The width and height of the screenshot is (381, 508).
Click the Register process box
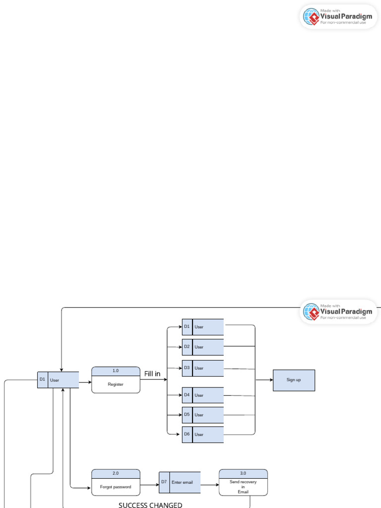116,384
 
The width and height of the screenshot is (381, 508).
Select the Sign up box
294,380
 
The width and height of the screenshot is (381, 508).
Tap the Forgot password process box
116,487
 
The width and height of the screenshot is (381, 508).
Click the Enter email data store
185,482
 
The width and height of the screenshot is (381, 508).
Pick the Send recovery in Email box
243,487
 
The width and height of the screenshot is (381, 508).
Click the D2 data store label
187,347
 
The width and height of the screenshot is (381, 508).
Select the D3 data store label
187,368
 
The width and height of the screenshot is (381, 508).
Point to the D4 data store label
187,395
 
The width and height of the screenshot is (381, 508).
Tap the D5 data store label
187,414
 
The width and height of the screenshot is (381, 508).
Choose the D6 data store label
187,434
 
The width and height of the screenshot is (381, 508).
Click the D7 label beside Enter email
164,482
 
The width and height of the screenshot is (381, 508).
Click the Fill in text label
152,374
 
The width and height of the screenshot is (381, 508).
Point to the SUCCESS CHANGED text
150,505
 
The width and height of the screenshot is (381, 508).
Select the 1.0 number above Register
116,371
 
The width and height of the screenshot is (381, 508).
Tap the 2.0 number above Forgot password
116,473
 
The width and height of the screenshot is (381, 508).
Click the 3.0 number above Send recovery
243,473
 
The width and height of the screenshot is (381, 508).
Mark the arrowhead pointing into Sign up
271,380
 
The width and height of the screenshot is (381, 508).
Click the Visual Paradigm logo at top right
338,16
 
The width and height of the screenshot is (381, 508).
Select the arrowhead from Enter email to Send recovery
217,485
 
